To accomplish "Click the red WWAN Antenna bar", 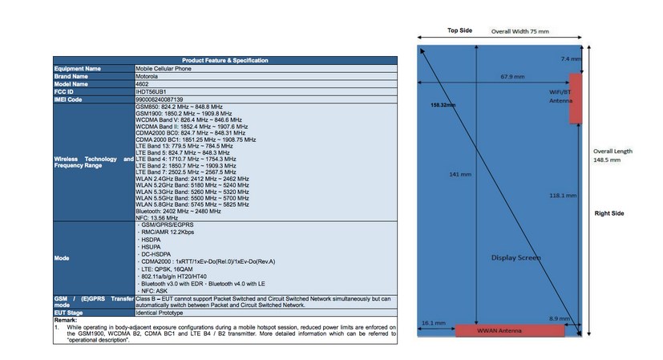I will [497, 331].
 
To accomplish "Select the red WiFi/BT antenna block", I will [575, 99].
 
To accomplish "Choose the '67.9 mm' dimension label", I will [512, 77].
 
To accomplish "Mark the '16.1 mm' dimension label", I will [434, 323].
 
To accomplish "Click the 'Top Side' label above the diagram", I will [459, 30].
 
